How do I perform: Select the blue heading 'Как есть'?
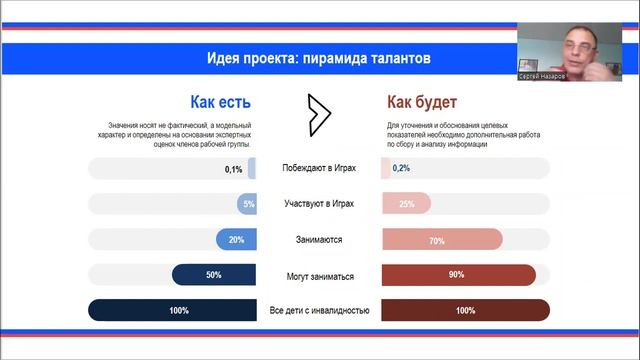[x=220, y=102]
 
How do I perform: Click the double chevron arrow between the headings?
[x=318, y=115]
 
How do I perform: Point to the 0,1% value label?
[x=233, y=169]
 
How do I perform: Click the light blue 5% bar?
[x=248, y=204]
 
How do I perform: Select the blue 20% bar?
[x=236, y=240]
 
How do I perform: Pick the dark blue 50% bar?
[x=214, y=275]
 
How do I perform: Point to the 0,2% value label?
[x=401, y=169]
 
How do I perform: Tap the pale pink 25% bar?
[x=406, y=204]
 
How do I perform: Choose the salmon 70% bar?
[x=436, y=240]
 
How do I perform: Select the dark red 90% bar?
[x=456, y=275]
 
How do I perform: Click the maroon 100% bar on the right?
[x=465, y=311]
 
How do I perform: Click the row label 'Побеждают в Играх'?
[x=320, y=169]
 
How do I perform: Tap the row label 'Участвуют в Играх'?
[x=320, y=204]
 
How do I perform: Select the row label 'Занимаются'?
[x=320, y=240]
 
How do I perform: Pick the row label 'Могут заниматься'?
[x=320, y=275]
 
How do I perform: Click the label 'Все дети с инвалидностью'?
[x=320, y=311]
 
